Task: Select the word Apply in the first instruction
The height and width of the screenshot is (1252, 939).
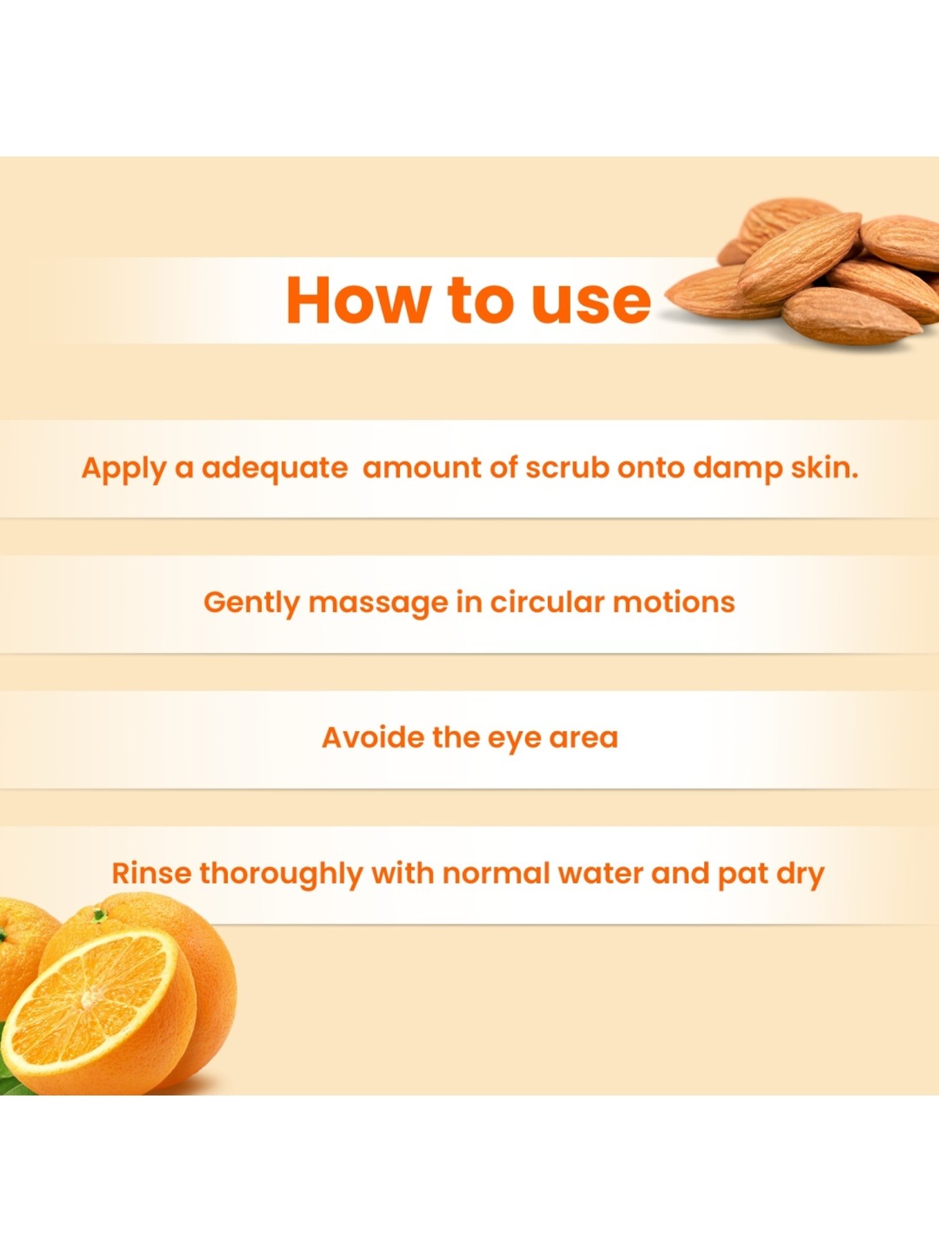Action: tap(124, 469)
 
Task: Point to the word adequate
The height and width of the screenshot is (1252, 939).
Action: tap(274, 469)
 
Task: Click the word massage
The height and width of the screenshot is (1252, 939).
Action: tap(378, 603)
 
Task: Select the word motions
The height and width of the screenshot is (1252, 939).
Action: tap(674, 602)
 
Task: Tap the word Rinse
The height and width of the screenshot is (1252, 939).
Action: tap(151, 873)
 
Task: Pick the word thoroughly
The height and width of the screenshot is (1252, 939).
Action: tap(281, 875)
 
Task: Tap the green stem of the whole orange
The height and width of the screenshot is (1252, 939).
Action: tap(98, 915)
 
